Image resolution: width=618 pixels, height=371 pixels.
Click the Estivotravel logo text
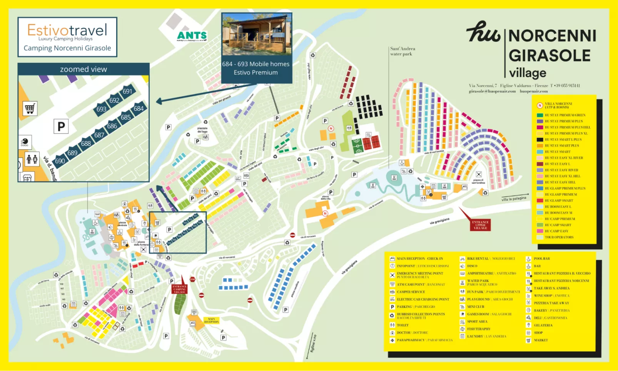point(67,30)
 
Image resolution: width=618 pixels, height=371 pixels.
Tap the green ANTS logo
point(192,36)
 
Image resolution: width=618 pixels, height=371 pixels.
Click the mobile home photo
point(257,35)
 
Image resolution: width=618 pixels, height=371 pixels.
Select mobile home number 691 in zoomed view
point(127,92)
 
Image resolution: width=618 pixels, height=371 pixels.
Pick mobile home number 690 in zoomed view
point(60,161)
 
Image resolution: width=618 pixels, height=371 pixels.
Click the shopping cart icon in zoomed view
point(30,109)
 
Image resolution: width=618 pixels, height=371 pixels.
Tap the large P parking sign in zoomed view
point(61,126)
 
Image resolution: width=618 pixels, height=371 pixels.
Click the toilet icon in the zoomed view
point(32,159)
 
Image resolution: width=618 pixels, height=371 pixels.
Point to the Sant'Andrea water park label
point(402,51)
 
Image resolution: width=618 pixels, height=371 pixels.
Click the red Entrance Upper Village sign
point(480,225)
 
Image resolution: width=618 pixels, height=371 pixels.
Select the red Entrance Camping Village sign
point(179,289)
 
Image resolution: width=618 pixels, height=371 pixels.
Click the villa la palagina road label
point(514,199)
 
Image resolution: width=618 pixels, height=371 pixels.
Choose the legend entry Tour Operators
point(559,237)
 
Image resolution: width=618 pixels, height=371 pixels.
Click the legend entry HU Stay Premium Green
point(565,115)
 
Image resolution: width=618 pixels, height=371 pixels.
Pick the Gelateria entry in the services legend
point(543,325)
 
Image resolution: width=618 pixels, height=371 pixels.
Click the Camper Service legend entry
point(411,292)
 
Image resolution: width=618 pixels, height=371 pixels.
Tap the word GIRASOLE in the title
point(549,56)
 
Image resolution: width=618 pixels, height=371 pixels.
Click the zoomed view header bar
point(84,69)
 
